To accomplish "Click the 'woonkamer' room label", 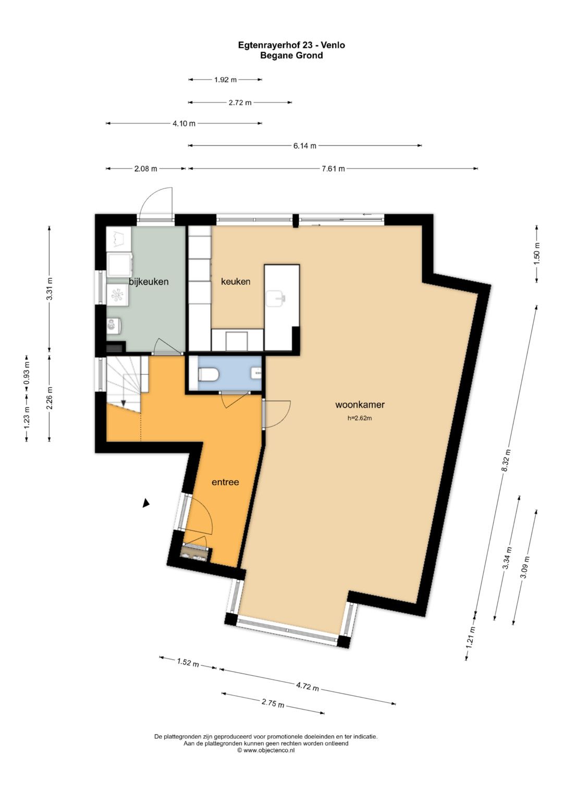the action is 360,405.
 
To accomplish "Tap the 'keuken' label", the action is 236,282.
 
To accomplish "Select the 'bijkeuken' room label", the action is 149,282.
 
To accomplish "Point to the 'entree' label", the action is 225,482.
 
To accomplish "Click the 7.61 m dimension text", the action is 333,169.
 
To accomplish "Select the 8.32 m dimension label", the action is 506,460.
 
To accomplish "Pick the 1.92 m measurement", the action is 225,80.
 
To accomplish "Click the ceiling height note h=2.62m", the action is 360,418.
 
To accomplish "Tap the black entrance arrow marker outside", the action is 146,503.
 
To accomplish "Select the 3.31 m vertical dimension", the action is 50,289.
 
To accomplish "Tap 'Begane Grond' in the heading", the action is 291,55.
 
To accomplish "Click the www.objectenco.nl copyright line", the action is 266,750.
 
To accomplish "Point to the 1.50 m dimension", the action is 537,253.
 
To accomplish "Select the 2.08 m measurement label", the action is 145,169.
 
